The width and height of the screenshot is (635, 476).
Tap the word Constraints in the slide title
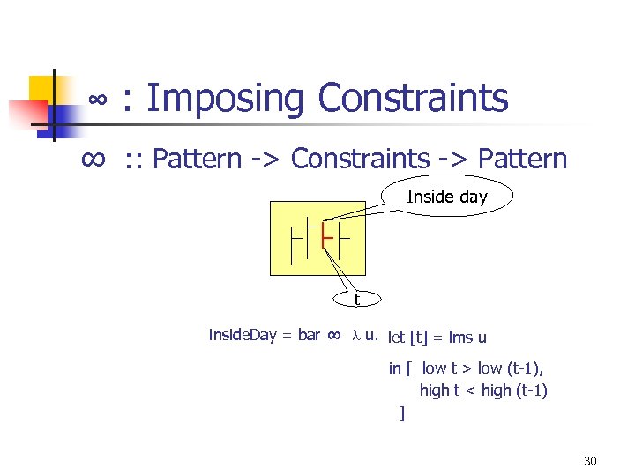[x=413, y=98]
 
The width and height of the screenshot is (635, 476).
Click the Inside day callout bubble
[x=446, y=197]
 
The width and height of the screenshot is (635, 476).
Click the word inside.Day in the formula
[x=243, y=335]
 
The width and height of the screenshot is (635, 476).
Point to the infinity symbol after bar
[x=334, y=335]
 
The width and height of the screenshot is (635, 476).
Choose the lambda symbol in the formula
[x=356, y=336]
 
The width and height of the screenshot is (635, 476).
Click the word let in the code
[x=396, y=338]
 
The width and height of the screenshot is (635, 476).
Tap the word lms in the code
[x=460, y=338]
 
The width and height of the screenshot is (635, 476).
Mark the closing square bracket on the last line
[x=402, y=413]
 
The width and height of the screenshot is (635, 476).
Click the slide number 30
[x=590, y=461]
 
